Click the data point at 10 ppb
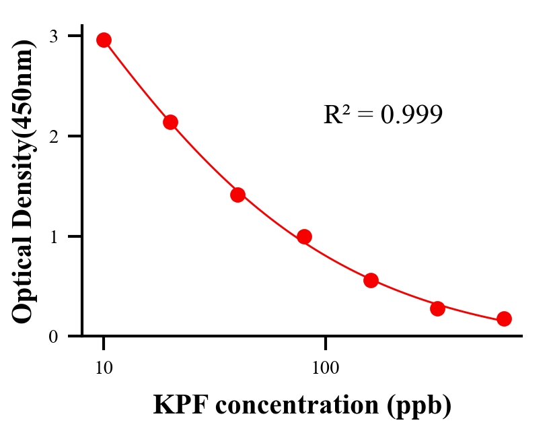click(104, 40)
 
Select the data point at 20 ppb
click(170, 122)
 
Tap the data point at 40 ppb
click(237, 195)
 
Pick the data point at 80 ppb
click(304, 236)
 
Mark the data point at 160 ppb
click(371, 280)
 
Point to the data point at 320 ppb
click(437, 308)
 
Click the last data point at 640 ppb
click(504, 319)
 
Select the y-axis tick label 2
click(53, 135)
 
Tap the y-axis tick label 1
click(53, 236)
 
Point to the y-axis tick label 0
click(53, 337)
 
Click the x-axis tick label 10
click(104, 368)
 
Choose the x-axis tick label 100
click(325, 368)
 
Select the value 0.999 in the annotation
click(411, 115)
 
